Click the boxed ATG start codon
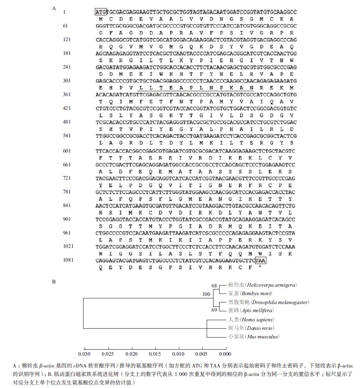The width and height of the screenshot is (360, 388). coord(100,12)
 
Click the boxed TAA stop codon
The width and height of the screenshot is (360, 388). coord(260,260)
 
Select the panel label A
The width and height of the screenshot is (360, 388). coord(54,8)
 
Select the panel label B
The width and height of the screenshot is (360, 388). coord(54,281)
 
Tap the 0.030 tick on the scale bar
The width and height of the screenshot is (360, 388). coord(84,354)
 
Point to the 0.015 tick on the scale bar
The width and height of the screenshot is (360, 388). coord(155,354)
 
